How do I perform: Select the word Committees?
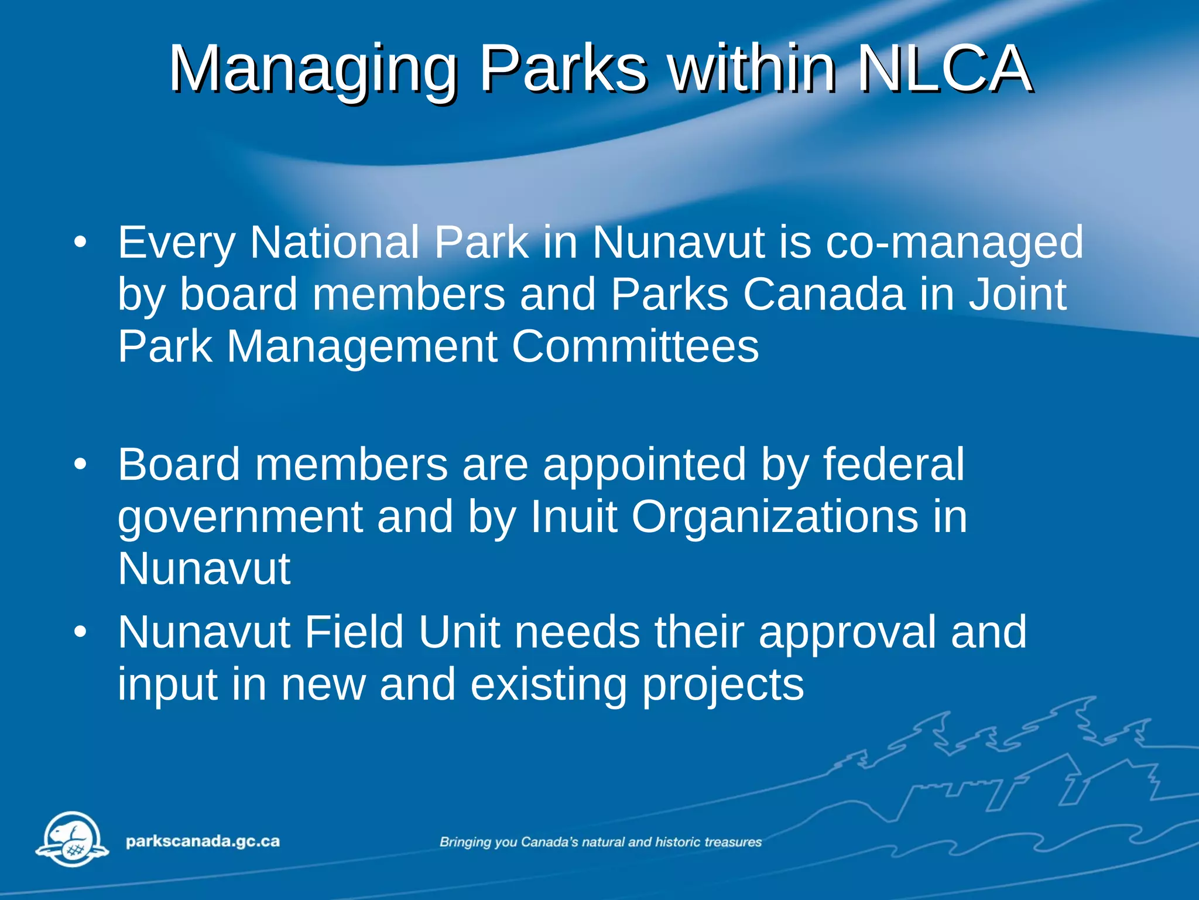tap(635, 347)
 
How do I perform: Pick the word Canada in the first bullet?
tap(824, 294)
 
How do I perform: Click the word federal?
tap(893, 465)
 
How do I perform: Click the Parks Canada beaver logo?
tap(73, 839)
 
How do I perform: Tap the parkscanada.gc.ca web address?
tap(203, 841)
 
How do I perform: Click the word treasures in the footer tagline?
tap(733, 842)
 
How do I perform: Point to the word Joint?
tap(1017, 294)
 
